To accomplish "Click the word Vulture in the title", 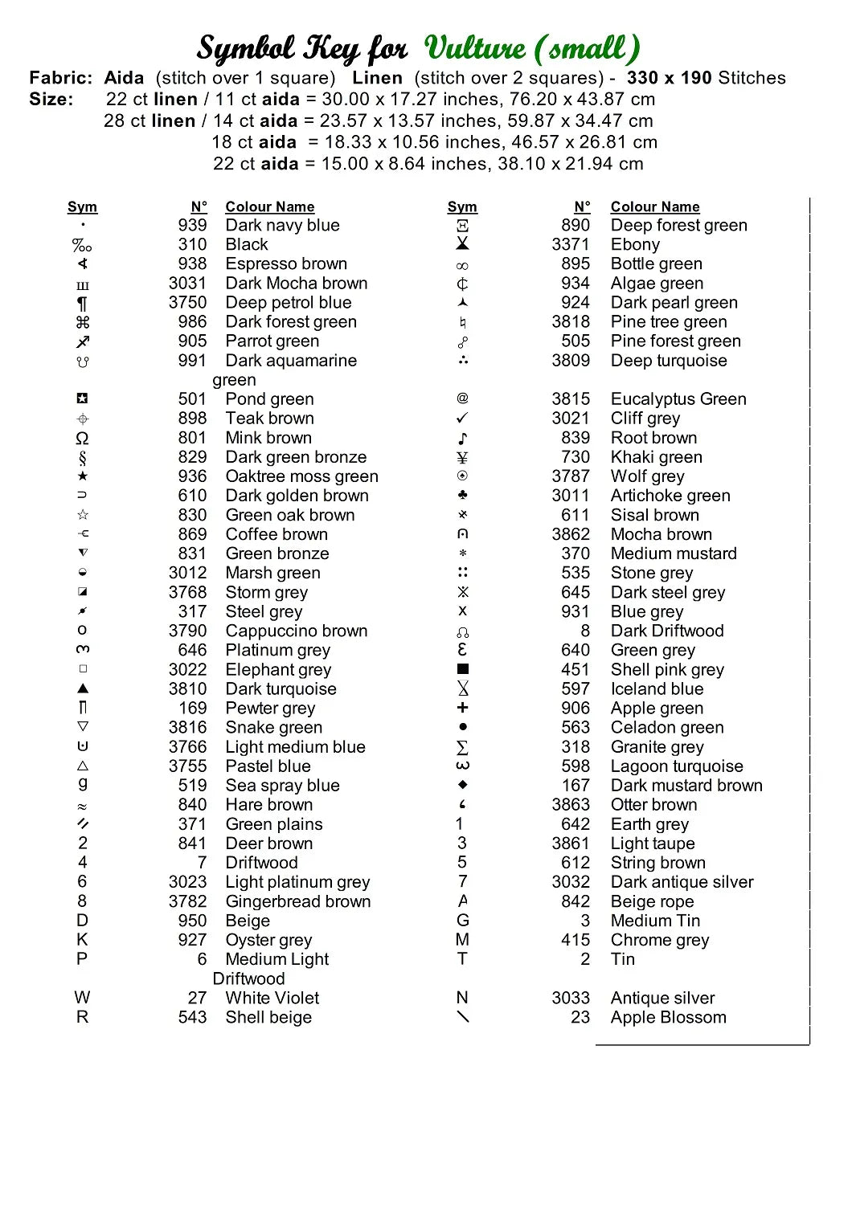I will click(x=475, y=48).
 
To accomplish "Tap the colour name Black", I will click(x=247, y=245).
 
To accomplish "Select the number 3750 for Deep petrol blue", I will click(x=187, y=303).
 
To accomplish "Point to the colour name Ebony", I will click(x=635, y=245).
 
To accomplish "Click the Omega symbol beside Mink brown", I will click(x=82, y=439).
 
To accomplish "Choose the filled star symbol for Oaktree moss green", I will click(x=82, y=476).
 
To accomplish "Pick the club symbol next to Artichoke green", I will click(x=462, y=496).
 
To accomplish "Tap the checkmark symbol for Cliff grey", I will click(x=462, y=419).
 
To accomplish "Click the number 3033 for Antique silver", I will click(x=570, y=999).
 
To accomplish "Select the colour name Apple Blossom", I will click(x=668, y=1018).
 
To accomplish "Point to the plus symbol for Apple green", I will click(x=462, y=708).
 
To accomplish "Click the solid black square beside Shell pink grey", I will click(x=462, y=669).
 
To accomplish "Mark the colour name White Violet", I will click(x=272, y=999).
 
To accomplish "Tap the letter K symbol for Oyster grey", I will click(x=82, y=940).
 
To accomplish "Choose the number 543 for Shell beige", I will click(x=192, y=1018).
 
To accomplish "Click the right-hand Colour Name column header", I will click(x=655, y=207).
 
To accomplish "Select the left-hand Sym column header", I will click(x=82, y=207).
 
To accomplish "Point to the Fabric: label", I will click(x=61, y=78).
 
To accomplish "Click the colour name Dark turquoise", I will click(x=281, y=689).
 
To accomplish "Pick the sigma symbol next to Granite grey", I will click(x=462, y=747).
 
